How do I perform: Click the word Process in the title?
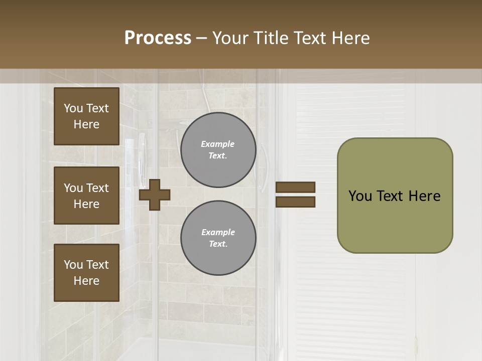coord(158,38)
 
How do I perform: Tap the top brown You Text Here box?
coord(86,116)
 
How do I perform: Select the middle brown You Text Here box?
coord(86,196)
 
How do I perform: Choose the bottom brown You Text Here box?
coord(86,273)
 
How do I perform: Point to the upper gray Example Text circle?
coord(218,150)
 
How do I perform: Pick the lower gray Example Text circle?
coord(218,238)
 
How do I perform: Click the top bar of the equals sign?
coord(295,187)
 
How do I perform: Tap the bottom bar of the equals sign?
coord(295,202)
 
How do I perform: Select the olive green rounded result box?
coord(395,196)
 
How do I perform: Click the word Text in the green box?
coord(393,196)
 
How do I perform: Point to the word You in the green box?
coord(360,196)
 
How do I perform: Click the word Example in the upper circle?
coord(218,144)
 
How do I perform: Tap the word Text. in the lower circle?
coord(218,244)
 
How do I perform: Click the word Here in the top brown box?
coord(86,124)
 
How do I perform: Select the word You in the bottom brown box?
coord(73,265)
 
